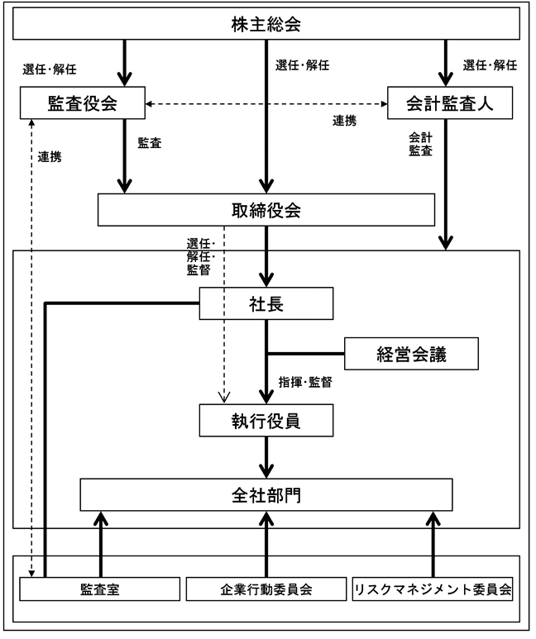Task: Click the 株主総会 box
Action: tap(266, 24)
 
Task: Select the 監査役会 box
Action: tap(83, 103)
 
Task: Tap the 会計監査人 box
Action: tap(450, 103)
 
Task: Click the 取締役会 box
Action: tap(266, 210)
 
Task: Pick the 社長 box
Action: tap(266, 303)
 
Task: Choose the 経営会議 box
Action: tap(411, 354)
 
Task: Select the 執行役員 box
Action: tap(266, 421)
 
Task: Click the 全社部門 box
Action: tap(266, 494)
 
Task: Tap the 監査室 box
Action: tap(100, 589)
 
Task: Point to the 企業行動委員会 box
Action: tap(266, 589)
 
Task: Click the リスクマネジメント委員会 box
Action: tap(433, 589)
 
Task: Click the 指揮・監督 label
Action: tap(305, 382)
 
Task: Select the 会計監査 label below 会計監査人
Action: tap(420, 144)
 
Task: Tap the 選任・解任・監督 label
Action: tap(201, 257)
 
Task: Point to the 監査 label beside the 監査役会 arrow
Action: tap(150, 143)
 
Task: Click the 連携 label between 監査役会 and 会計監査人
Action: tap(345, 121)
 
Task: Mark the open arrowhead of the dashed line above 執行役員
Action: tap(224, 398)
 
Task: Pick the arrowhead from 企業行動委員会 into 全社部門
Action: tap(266, 518)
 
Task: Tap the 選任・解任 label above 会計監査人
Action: tap(490, 64)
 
